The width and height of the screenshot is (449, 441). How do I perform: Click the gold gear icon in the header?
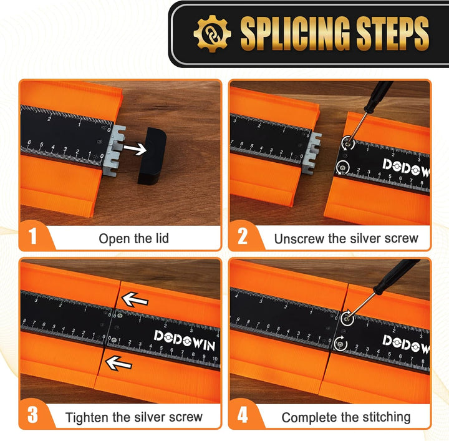point(212,34)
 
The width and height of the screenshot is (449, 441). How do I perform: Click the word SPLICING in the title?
point(295,34)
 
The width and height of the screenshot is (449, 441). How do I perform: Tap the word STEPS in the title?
point(393,34)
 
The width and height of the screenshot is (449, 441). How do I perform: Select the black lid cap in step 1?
point(152,156)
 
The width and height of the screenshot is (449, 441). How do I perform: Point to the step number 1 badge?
point(32,236)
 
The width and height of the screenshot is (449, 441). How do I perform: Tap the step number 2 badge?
point(242,236)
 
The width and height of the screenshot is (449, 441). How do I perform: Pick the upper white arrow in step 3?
point(135,300)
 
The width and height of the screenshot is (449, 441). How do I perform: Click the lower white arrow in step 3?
point(118,363)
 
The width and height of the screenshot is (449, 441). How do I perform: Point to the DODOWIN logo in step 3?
point(185,340)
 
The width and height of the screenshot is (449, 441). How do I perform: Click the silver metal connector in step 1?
point(115,150)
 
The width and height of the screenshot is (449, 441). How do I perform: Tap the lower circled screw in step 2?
point(342,167)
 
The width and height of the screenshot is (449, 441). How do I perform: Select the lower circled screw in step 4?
point(340,343)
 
